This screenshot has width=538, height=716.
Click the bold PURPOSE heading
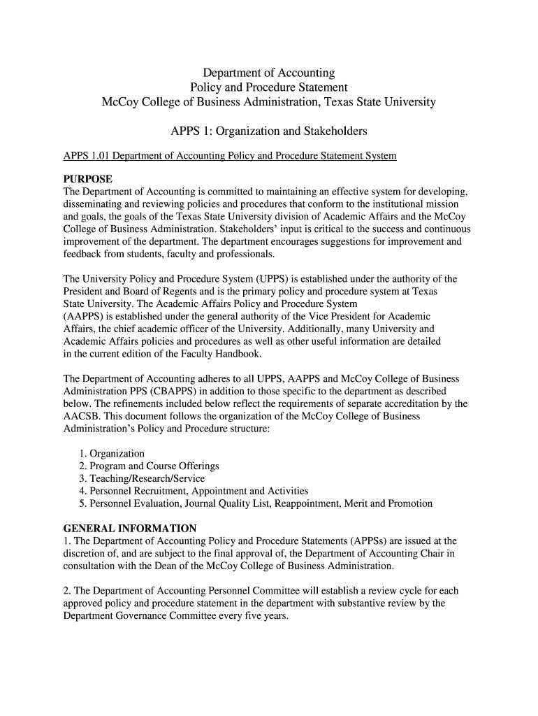pyautogui.click(x=87, y=179)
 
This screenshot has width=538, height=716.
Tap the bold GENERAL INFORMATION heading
pyautogui.click(x=130, y=528)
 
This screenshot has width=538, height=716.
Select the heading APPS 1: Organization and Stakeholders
pyautogui.click(x=269, y=131)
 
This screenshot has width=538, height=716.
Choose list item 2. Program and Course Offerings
pyautogui.click(x=149, y=466)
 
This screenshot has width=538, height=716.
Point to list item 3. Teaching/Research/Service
pyautogui.click(x=142, y=478)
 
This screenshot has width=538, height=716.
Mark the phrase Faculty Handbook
pyautogui.click(x=221, y=354)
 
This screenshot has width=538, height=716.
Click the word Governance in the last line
pyautogui.click(x=143, y=616)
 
